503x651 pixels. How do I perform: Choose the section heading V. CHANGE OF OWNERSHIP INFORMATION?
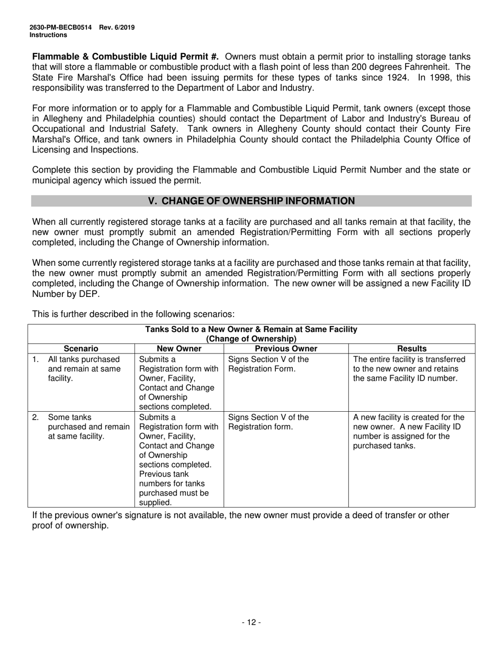click(251, 201)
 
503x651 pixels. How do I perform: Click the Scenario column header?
click(81, 348)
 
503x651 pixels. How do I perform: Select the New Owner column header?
click(179, 348)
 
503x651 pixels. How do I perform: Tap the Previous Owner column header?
click(286, 348)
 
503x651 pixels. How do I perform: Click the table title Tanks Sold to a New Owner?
click(251, 330)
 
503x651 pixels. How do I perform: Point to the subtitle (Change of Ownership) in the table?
click(251, 339)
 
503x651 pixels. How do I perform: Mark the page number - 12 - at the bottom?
click(251, 622)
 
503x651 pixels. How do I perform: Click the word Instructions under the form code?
click(48, 35)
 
